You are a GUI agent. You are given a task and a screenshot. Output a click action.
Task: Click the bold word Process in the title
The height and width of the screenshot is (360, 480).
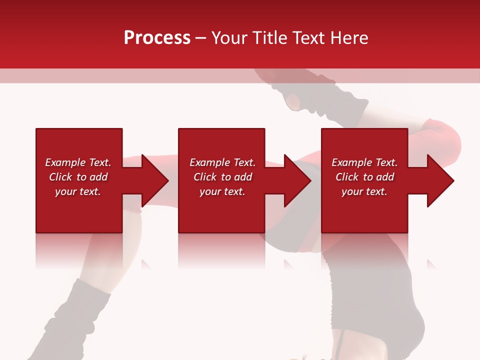coord(157,38)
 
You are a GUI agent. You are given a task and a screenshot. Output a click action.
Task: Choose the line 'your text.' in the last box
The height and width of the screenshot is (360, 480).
coord(364,191)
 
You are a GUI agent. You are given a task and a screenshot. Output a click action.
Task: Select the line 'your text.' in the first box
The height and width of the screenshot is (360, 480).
coord(77,191)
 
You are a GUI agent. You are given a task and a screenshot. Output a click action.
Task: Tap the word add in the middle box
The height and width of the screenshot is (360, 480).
coord(242,177)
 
